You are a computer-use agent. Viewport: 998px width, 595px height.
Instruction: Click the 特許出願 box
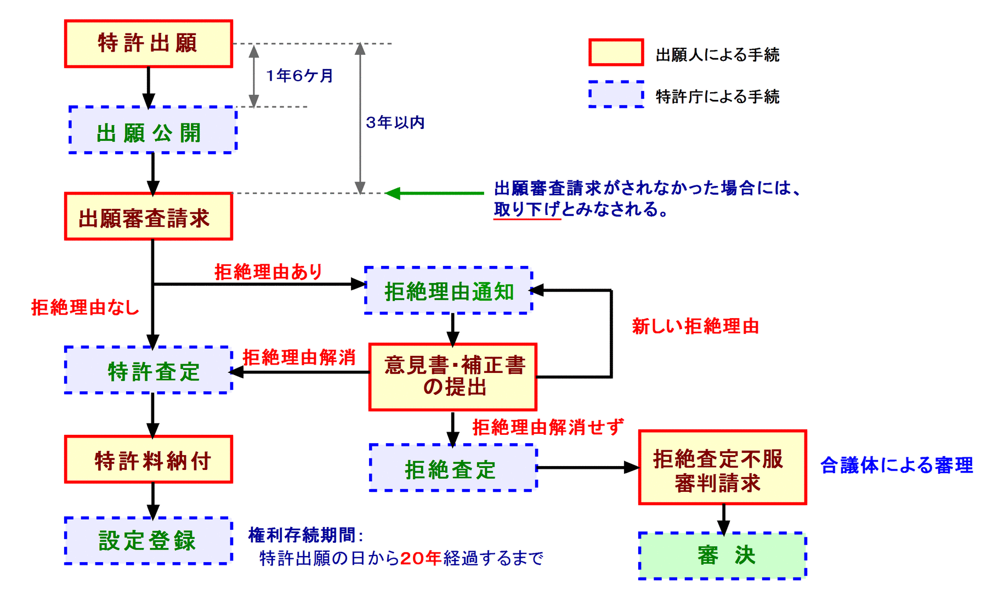[x=148, y=44]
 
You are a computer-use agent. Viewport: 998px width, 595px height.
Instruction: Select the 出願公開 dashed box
[x=152, y=130]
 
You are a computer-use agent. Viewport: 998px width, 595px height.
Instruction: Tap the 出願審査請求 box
[x=148, y=217]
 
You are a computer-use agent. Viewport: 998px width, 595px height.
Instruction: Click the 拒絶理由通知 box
[x=448, y=291]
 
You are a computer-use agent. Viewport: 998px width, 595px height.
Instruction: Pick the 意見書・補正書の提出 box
[x=452, y=377]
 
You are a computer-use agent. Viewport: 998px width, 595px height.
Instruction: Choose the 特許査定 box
[x=148, y=370]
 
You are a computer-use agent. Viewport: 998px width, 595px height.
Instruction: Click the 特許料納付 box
[x=148, y=460]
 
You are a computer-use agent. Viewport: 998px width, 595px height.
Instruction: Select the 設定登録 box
[x=148, y=541]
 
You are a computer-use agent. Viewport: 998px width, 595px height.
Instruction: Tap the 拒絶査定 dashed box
[x=452, y=468]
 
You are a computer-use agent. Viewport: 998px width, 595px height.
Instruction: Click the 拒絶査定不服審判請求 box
[x=722, y=468]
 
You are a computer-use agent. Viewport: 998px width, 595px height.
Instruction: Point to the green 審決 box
[x=722, y=556]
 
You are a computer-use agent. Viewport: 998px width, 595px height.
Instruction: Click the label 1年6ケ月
[x=299, y=76]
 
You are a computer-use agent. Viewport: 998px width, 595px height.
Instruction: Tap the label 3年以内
[x=395, y=122]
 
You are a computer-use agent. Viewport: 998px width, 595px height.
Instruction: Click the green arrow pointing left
[x=433, y=193]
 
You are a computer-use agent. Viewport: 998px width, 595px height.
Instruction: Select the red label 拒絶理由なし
[x=85, y=307]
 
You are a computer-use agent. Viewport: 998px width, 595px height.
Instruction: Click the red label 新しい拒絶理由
[x=695, y=326]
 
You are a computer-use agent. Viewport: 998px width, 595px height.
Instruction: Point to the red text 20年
[x=421, y=558]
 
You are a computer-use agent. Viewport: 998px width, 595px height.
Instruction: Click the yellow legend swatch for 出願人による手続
[x=616, y=53]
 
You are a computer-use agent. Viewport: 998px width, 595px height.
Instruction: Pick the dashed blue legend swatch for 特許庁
[x=616, y=94]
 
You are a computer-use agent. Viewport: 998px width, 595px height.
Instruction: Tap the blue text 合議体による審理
[x=897, y=465]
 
